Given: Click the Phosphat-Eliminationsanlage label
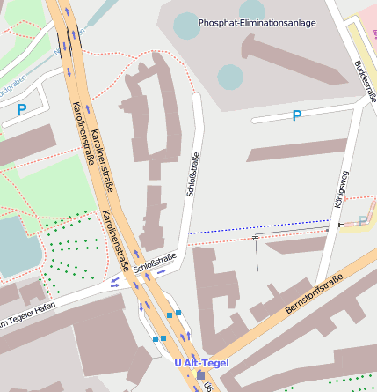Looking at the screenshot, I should (x=257, y=22).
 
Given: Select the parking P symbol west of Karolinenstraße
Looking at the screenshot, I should (x=22, y=109).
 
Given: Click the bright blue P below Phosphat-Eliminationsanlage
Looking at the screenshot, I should (x=296, y=115).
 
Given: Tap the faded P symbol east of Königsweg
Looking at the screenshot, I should (x=363, y=221).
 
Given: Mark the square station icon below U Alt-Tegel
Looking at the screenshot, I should (x=200, y=375).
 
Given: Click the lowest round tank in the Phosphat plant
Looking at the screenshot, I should (x=229, y=77).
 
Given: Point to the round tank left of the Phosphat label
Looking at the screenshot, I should (x=186, y=26).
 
